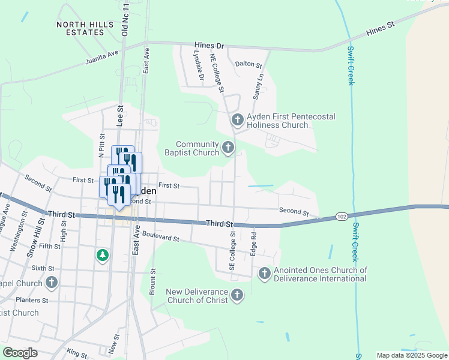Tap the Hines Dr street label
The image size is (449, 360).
point(209,46)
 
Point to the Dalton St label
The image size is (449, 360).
point(249,64)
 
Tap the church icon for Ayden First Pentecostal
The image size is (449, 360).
point(237,120)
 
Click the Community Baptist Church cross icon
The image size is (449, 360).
point(228,147)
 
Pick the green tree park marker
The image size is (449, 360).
point(103,256)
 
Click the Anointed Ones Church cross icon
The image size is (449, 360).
point(264,274)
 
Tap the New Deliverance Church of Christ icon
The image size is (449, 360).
point(237,295)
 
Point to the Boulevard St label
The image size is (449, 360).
point(160,238)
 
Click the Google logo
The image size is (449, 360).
point(20,353)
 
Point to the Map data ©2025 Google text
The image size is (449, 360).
point(411,355)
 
